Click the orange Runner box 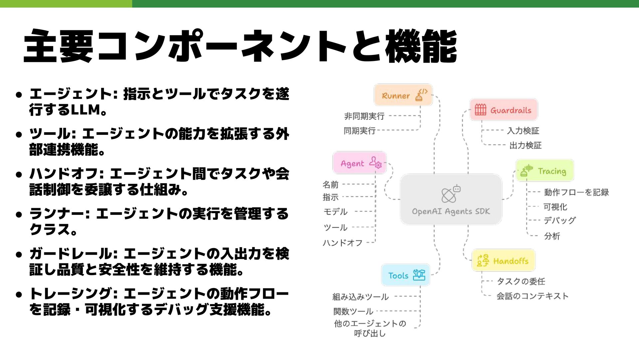403,95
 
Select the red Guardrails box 504,110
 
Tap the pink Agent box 359,163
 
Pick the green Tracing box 544,171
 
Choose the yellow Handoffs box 503,260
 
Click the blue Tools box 406,275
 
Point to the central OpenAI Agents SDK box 451,199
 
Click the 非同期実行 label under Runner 364,116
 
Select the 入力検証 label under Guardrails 523,131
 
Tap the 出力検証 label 526,145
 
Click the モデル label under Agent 335,211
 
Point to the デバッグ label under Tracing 559,220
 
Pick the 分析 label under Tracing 552,236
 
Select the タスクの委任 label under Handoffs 521,281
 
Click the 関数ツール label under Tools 353,311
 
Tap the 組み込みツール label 360,297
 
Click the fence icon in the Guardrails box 480,110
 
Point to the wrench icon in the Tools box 419,275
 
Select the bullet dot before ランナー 19,214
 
